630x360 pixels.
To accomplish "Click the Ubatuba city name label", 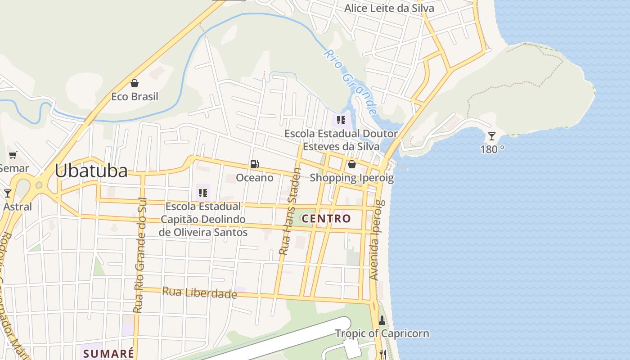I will [91, 171].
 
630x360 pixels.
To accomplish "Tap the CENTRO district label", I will [326, 219].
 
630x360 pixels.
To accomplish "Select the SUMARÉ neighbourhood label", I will [108, 353].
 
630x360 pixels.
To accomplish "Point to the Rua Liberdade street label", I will [199, 292].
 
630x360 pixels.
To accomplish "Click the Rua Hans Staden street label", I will [290, 211].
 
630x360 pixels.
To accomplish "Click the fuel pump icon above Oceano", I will [254, 164].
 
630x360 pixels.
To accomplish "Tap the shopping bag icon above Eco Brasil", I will [134, 83].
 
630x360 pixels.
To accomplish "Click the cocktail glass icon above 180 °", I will [492, 136].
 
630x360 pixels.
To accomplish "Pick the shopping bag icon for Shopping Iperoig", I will [352, 164].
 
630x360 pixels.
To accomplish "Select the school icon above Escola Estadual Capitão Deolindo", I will [203, 193].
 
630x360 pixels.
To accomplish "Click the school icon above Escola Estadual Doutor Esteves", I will [341, 120].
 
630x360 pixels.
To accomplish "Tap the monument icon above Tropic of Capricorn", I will [382, 320].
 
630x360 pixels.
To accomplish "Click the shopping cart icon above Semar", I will [13, 155].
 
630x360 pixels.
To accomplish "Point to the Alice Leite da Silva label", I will [389, 8].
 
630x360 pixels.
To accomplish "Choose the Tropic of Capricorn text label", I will [382, 333].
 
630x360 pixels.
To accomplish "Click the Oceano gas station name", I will [255, 178].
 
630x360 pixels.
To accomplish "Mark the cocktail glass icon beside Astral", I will [8, 193].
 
